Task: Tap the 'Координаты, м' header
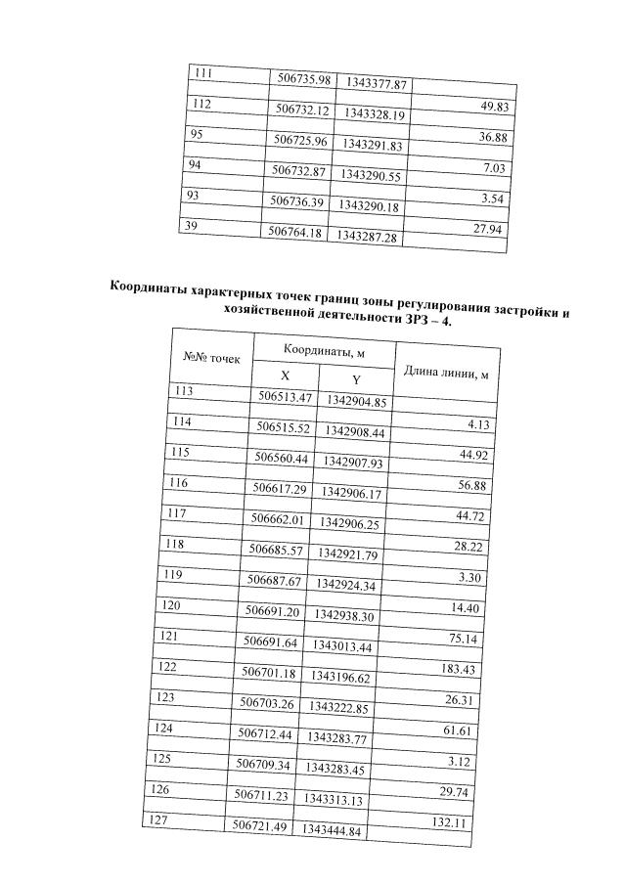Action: point(324,351)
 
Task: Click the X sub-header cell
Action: point(286,376)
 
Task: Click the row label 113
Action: point(183,390)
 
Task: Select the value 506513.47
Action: point(285,398)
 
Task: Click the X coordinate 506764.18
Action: point(295,232)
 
